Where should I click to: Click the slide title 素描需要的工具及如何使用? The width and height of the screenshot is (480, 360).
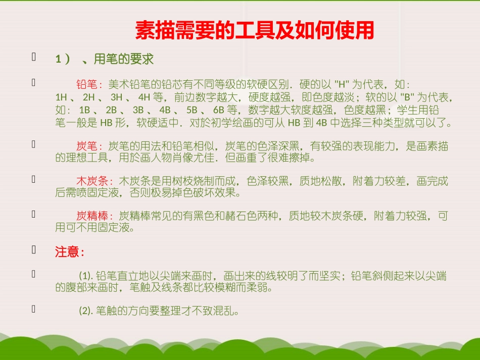255,31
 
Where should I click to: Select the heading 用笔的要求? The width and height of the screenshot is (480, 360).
124,60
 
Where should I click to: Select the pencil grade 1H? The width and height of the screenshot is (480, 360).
61,97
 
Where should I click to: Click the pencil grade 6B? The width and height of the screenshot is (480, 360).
219,110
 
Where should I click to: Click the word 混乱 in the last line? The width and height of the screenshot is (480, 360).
221,311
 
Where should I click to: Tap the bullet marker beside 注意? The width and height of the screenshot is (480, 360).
34,249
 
